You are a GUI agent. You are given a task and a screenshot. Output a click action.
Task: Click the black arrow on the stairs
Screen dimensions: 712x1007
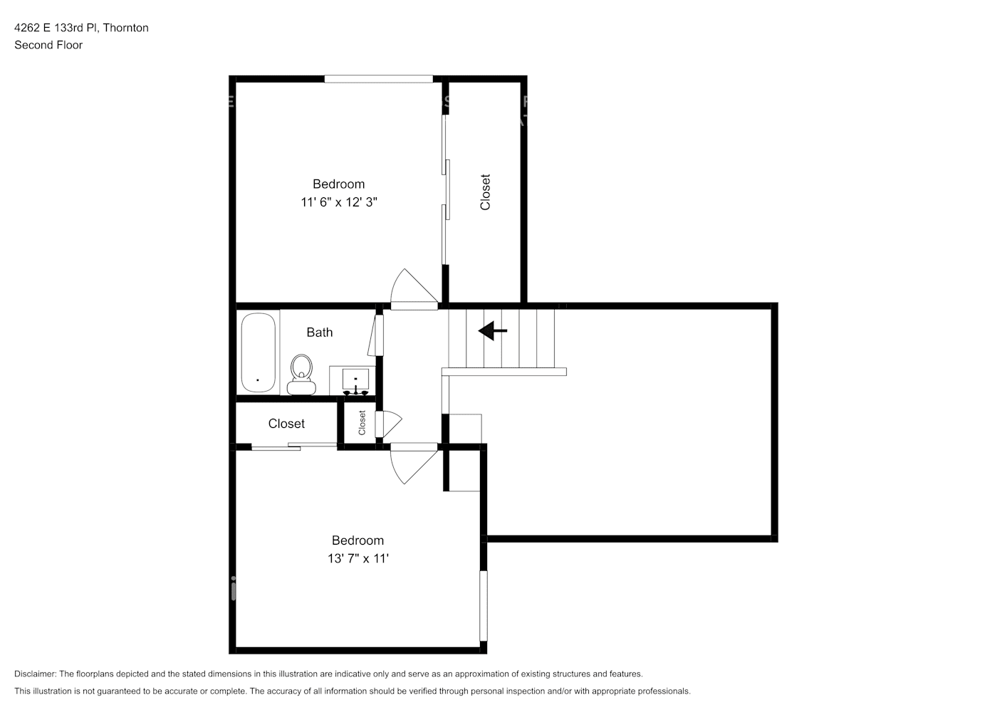click(493, 331)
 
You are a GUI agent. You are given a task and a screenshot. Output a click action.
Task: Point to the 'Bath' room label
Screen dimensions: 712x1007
click(319, 333)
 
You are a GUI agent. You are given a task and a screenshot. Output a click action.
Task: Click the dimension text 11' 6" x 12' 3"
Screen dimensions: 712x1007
click(338, 202)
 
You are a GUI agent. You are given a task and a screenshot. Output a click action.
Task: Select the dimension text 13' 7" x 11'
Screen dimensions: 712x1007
click(358, 559)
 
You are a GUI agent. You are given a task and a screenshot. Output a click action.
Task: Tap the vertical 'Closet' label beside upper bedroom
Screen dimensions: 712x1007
click(485, 192)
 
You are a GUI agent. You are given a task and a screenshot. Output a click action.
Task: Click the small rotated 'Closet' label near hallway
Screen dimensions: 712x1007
click(362, 423)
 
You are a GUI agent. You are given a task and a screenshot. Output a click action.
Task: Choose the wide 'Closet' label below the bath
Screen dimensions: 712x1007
click(286, 424)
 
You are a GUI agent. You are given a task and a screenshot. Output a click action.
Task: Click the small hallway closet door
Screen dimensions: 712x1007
click(388, 424)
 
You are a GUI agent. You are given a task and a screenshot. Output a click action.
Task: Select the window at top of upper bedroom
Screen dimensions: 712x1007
click(379, 79)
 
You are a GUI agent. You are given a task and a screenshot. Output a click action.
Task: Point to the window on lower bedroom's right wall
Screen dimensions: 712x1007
click(484, 606)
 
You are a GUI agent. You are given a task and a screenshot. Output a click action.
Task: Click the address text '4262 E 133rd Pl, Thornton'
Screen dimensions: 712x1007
click(81, 28)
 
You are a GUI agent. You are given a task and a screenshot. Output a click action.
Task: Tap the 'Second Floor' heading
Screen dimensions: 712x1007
click(48, 45)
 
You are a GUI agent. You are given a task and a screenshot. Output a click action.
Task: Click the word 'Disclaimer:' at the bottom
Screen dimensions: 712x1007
click(35, 674)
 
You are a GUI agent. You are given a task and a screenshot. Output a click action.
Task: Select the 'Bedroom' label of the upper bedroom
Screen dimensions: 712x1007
click(338, 184)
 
